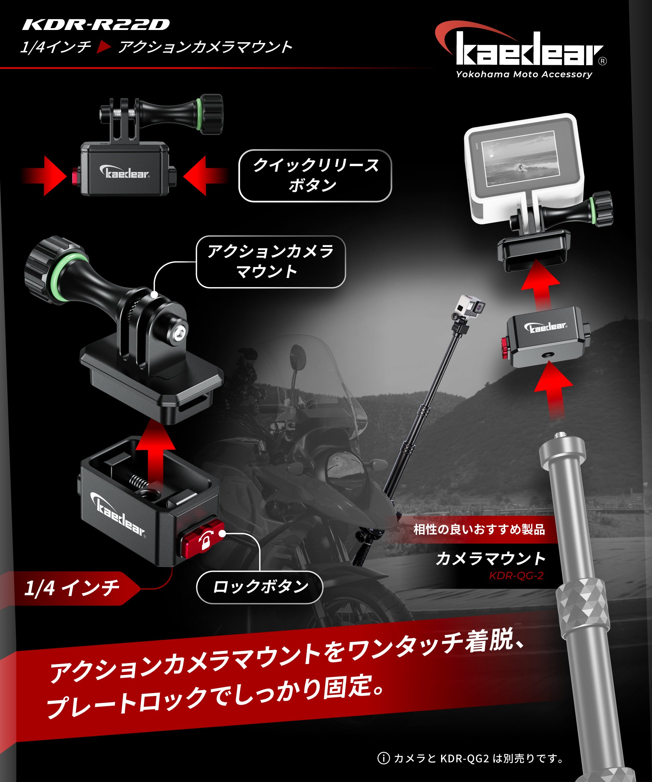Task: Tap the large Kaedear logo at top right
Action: coord(529,50)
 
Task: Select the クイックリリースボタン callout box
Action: coord(315,175)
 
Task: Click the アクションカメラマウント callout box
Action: coord(271,262)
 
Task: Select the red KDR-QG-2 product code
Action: coord(516,576)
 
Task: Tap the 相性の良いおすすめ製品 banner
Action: coord(479,529)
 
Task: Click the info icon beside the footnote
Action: coord(383,758)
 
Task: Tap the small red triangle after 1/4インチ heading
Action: coord(104,47)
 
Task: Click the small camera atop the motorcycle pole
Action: coord(470,306)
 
